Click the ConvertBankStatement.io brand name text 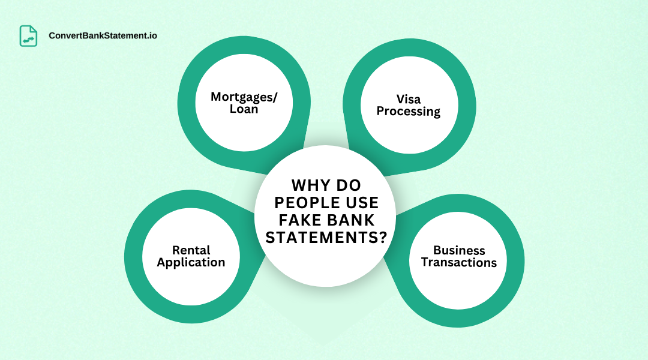click(103, 36)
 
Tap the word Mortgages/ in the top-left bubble click(244, 97)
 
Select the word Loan click(244, 110)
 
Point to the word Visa click(409, 99)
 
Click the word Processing click(409, 112)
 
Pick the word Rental click(191, 250)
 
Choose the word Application click(191, 263)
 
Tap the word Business click(459, 250)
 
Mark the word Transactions click(459, 263)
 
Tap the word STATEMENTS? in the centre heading click(326, 238)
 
